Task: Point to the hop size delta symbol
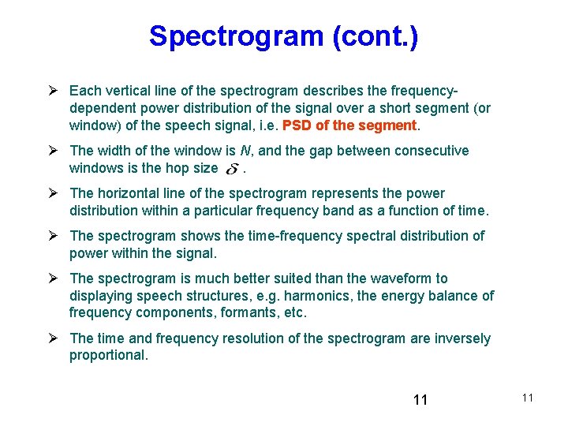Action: (x=232, y=168)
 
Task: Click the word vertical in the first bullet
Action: (x=133, y=91)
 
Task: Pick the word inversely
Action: (x=464, y=338)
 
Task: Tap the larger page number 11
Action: (x=420, y=400)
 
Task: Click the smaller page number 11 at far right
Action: (x=528, y=398)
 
